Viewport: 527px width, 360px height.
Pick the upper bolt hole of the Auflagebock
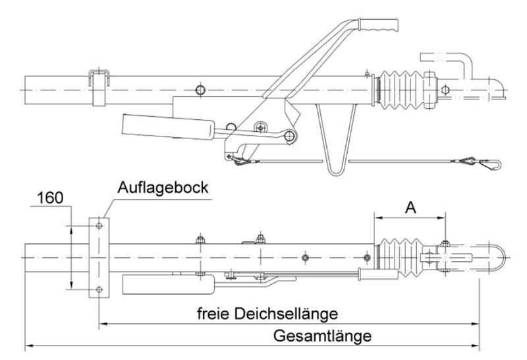pyautogui.click(x=98, y=225)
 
